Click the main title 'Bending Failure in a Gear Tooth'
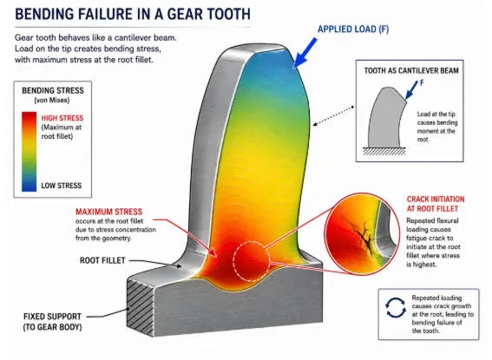(x=133, y=14)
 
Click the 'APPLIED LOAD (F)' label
(x=353, y=29)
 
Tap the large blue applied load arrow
(x=305, y=53)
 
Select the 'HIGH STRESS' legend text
(x=62, y=118)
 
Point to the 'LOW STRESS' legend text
(x=62, y=186)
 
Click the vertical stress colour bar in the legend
(x=29, y=152)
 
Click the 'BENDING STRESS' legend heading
(x=53, y=90)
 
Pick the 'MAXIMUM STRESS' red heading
(x=108, y=212)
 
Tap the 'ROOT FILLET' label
(x=102, y=260)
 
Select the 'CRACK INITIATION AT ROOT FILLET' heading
(x=436, y=204)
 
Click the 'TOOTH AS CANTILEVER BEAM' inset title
(x=411, y=70)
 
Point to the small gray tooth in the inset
(x=385, y=118)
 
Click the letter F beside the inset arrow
(x=422, y=82)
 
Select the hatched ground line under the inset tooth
(x=384, y=151)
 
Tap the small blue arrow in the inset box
(x=411, y=90)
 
